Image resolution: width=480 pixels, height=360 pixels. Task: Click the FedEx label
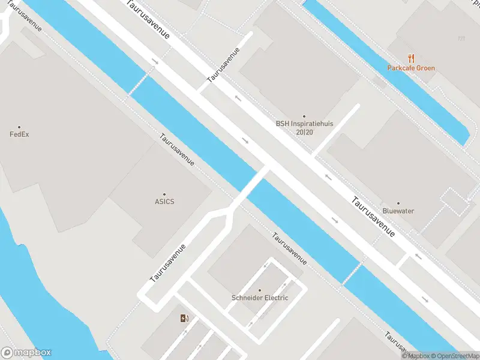19,134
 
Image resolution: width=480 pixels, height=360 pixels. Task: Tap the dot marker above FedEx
19,127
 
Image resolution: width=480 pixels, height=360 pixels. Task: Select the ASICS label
164,202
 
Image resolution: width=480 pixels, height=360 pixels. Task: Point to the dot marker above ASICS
164,194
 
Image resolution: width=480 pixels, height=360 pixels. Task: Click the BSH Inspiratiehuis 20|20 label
304,127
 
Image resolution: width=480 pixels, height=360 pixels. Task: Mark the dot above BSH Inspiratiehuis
304,116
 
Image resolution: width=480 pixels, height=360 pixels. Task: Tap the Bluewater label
398,211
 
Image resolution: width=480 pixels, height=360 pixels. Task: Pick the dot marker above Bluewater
398,203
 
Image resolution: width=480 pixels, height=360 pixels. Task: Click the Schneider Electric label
260,298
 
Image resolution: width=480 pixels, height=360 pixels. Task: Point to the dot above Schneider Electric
260,290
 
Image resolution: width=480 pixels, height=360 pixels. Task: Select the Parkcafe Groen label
411,68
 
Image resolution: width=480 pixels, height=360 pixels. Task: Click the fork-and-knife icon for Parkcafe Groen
411,58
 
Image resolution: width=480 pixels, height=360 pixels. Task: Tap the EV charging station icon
184,318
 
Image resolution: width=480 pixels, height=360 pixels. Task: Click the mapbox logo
26,353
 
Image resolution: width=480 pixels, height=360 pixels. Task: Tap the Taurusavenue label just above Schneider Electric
289,248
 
